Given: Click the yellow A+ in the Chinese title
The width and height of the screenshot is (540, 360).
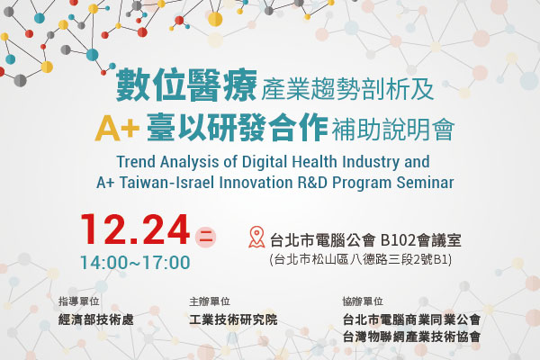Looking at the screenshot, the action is point(117,129).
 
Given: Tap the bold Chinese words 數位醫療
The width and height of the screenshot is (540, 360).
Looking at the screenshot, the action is point(186,85).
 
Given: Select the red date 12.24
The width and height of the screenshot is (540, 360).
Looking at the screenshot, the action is point(135,229).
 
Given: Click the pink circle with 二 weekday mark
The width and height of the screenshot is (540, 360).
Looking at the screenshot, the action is point(205,237).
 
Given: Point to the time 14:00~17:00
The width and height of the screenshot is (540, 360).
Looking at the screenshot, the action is point(135,263).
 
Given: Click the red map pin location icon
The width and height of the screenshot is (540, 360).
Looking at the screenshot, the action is point(256,237).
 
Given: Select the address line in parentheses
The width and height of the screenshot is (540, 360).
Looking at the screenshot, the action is point(361,259).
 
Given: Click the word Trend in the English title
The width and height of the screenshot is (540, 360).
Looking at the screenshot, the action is point(136,162).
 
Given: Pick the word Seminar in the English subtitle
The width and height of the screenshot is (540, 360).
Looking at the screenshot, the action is point(425,183).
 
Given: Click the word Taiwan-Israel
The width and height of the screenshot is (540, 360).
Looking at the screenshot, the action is point(167,183).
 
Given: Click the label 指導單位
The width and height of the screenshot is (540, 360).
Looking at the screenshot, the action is point(79,301).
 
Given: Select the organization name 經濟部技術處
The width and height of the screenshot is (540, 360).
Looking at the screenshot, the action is point(96,319).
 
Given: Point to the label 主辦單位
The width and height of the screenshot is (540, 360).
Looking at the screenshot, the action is point(210,301).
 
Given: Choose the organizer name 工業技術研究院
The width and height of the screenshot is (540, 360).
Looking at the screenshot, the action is point(233,319).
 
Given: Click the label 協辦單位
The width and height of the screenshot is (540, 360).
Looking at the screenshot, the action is point(363,301).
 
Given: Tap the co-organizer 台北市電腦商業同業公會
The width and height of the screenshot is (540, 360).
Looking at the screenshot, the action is point(411,319).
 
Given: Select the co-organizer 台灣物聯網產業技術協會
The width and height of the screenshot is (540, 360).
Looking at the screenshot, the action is point(411,337).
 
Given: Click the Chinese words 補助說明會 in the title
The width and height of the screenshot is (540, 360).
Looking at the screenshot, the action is point(393,130).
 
